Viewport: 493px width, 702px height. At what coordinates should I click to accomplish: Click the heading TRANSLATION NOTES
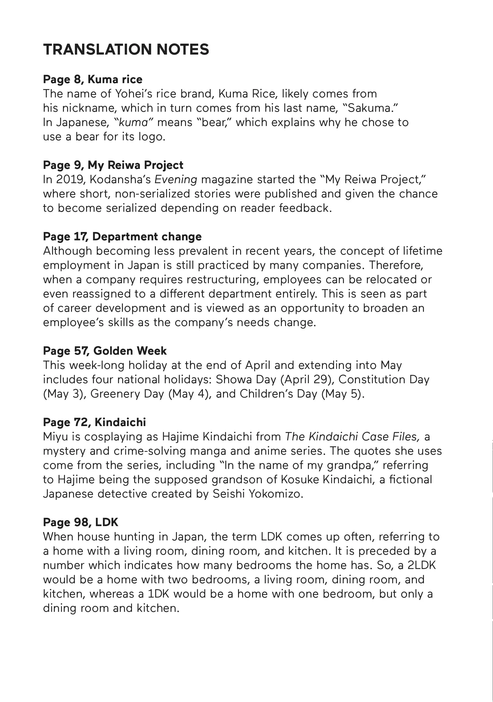126,50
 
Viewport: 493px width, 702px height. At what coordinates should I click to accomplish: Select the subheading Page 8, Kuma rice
93,80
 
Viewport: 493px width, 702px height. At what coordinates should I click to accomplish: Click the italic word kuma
133,122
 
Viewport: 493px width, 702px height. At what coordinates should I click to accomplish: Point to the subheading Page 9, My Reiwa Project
113,165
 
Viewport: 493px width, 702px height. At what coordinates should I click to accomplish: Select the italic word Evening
176,180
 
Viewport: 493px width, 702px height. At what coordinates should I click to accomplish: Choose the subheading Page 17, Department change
122,237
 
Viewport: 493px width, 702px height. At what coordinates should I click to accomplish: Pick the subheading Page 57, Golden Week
105,351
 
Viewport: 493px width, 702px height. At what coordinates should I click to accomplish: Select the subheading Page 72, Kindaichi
95,422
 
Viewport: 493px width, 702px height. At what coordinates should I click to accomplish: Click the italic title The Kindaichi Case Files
352,437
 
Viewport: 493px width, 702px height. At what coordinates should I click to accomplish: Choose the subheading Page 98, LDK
80,522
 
